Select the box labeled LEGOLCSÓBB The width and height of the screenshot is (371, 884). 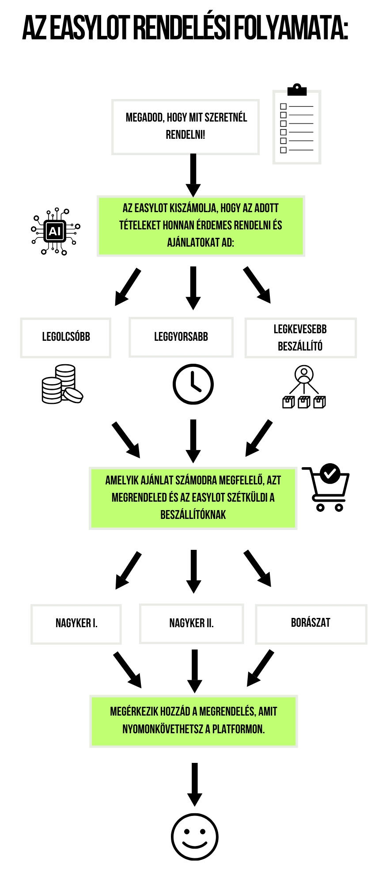pos(66,337)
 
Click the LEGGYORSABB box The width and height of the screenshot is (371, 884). pos(181,337)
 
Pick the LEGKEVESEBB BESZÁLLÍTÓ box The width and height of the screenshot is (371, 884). pos(300,338)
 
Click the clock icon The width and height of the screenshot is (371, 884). pos(193,384)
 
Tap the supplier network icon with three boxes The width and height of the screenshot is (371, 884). pos(304,387)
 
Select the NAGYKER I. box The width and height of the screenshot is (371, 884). pos(76,623)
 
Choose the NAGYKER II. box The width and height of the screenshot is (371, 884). pos(191,623)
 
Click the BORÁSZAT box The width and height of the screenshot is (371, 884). pos(310,623)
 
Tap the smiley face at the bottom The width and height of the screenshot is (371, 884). pos(194,837)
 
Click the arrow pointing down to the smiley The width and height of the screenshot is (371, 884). pos(194,784)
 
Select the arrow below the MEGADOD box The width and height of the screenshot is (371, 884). pos(193,175)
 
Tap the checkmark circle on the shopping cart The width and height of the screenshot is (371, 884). pos(329,473)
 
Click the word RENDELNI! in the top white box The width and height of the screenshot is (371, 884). pos(185,135)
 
